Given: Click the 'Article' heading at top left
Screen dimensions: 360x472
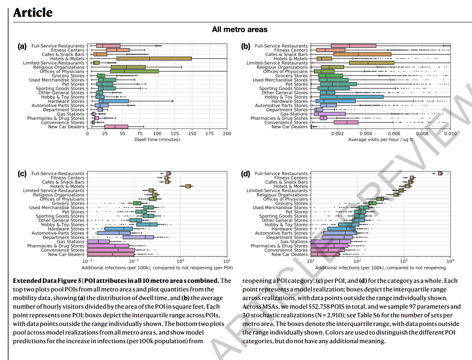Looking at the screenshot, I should pos(33,13).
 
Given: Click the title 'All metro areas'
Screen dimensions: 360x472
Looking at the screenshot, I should pos(240,30).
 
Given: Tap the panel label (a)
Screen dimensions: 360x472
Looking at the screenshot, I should pos(22,46).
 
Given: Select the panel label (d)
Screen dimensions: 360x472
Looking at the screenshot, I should pos(246,174).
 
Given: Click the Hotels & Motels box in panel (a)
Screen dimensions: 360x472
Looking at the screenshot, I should pos(154,59).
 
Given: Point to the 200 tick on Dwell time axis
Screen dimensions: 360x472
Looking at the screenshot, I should pos(227,134).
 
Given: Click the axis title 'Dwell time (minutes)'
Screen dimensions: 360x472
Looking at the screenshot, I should pos(157,140).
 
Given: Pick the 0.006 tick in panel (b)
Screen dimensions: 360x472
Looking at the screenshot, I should pos(394,134).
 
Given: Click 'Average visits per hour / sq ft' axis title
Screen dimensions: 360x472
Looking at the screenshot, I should pos(380,140).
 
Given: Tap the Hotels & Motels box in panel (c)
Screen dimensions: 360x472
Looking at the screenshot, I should pos(188,186).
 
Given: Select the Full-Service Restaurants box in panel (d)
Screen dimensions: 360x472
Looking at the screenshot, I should pos(440,173).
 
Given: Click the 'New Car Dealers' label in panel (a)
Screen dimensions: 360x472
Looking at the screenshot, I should pos(66,127).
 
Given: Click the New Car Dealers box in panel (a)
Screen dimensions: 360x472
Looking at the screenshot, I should pos(116,127).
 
